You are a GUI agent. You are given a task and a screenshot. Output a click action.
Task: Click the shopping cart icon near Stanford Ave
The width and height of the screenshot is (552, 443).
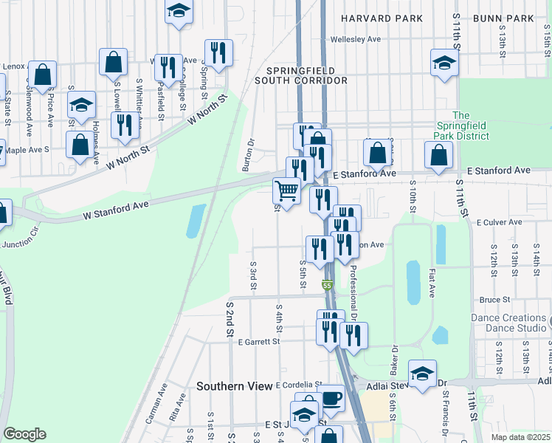point(286,191)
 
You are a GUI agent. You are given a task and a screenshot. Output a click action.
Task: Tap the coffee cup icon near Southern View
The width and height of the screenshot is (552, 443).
point(331,398)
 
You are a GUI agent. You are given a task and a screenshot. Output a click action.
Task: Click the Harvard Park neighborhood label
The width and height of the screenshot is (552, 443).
point(381,18)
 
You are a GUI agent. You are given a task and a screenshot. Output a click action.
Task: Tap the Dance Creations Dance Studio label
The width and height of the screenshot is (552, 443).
point(508,322)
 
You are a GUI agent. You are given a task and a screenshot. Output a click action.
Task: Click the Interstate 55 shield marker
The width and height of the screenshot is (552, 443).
point(326,285)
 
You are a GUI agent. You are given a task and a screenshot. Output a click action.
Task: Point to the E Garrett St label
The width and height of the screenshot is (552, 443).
point(254,342)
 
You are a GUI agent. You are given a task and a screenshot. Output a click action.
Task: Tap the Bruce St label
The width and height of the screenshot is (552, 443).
point(490,301)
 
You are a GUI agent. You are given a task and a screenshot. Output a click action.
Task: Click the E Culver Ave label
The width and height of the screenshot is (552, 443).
point(500,221)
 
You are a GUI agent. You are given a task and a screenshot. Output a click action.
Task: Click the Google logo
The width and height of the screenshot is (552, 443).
point(24,434)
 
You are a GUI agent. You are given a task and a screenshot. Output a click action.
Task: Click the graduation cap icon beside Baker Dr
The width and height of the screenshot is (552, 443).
point(422,374)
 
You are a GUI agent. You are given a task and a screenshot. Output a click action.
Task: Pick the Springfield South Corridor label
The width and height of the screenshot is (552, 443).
point(301,75)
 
